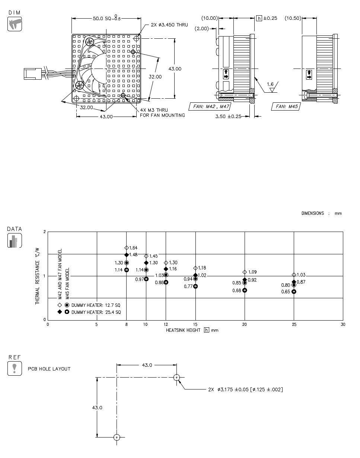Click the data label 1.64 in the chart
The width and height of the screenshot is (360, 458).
133,248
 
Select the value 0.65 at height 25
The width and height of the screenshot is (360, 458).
286,292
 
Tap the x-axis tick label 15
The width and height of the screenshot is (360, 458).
195,325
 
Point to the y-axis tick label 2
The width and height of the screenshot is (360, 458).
45,232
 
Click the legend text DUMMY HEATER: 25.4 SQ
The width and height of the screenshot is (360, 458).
96,312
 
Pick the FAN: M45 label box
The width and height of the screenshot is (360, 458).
286,106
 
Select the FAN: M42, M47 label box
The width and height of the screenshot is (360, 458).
210,106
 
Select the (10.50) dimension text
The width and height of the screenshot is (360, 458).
293,18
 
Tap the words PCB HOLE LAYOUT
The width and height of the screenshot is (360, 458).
49,369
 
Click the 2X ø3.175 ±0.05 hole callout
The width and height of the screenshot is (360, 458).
245,389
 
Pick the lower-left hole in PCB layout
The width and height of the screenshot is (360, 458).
117,437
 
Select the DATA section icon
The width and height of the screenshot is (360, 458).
15,241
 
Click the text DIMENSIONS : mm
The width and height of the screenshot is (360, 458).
321,213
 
